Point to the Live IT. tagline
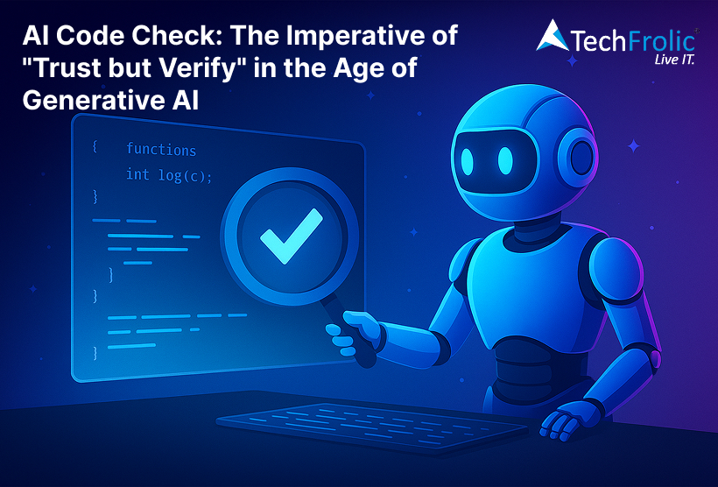674,60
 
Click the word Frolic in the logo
662,42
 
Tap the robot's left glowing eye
467,162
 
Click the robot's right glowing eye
505,161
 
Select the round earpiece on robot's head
578,157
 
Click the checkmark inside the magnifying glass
292,236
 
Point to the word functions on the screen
161,150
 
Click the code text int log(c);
169,175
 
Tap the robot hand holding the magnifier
353,333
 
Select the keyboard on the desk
372,427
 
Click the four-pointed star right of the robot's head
634,146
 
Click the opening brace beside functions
95,146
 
